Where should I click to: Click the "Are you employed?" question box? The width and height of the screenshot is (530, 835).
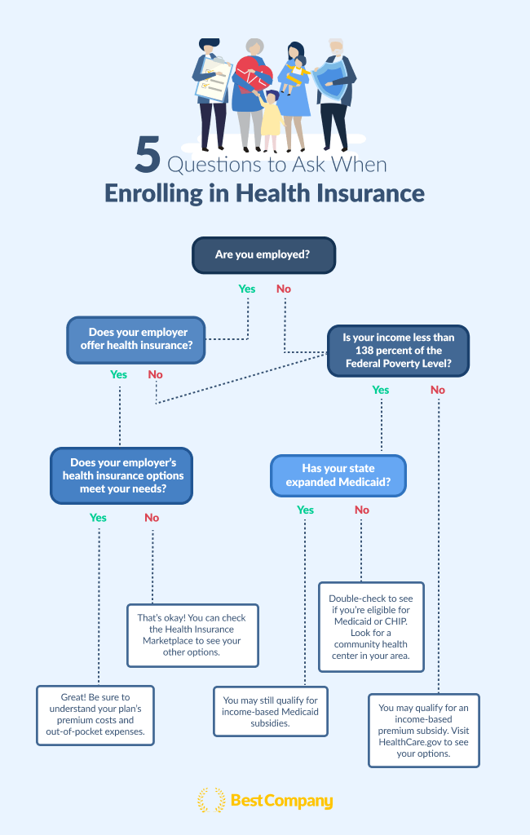263,255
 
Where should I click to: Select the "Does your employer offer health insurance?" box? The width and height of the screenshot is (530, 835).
135,339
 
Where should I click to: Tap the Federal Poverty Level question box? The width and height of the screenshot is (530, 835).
398,351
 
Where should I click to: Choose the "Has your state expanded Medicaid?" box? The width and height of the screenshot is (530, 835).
338,475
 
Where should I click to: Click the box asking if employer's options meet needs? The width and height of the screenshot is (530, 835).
121,475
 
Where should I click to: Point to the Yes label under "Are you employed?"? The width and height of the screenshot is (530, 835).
247,289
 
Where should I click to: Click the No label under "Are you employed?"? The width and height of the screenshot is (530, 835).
284,289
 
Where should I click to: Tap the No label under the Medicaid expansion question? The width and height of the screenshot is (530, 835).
362,510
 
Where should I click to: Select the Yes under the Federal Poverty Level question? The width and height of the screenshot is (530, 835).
381,391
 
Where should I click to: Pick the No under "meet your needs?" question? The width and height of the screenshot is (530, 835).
152,518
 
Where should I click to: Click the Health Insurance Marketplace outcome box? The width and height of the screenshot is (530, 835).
192,635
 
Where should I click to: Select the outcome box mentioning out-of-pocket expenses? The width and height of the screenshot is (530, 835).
95,714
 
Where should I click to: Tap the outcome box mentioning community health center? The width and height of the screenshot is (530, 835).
371,626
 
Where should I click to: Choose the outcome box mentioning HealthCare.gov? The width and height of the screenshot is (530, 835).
424,731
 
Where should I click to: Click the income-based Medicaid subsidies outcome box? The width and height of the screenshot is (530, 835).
271,711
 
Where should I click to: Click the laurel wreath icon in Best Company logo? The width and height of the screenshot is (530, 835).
211,801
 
